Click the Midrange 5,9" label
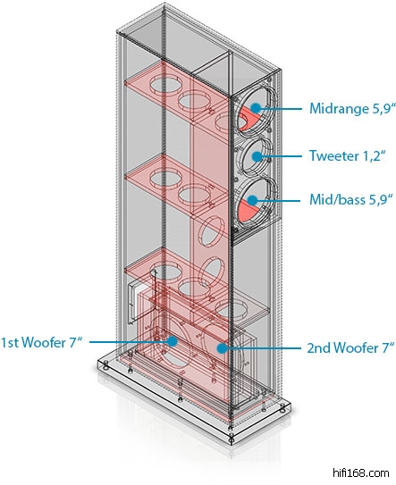click(x=353, y=109)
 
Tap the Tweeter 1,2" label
click(x=348, y=155)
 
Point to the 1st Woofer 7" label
click(x=42, y=342)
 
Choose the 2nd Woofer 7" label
click(x=350, y=348)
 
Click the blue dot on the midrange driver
click(x=256, y=108)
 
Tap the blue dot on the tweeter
click(x=257, y=156)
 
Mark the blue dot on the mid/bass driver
click(x=253, y=200)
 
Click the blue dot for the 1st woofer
click(x=172, y=341)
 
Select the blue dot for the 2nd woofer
click(x=222, y=348)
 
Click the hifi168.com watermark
click(x=361, y=473)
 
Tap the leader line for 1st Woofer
click(x=129, y=342)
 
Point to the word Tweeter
click(x=334, y=155)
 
